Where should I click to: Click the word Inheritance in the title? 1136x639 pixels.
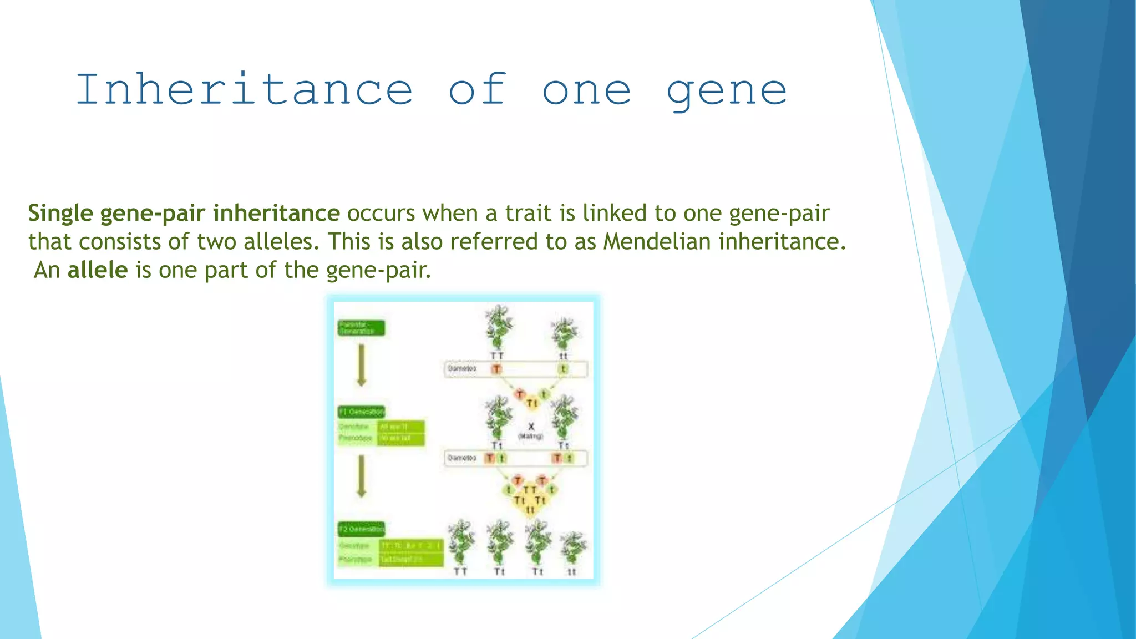point(244,90)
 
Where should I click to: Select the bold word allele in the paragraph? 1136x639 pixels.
point(98,270)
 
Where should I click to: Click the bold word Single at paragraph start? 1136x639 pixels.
point(60,214)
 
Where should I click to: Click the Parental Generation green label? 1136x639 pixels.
point(361,328)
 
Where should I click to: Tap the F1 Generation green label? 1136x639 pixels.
point(361,412)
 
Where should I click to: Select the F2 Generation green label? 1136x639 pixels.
point(361,529)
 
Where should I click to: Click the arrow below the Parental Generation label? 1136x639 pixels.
point(361,365)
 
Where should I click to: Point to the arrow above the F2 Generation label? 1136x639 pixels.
point(361,476)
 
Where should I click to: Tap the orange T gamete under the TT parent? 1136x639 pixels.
point(496,369)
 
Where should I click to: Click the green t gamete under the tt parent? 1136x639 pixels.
point(563,369)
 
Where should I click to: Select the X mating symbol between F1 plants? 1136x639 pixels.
point(531,427)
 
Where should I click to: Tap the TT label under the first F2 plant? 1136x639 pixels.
point(460,571)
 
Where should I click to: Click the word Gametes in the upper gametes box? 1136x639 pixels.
point(462,368)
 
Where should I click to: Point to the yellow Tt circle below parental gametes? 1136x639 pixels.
point(532,403)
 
